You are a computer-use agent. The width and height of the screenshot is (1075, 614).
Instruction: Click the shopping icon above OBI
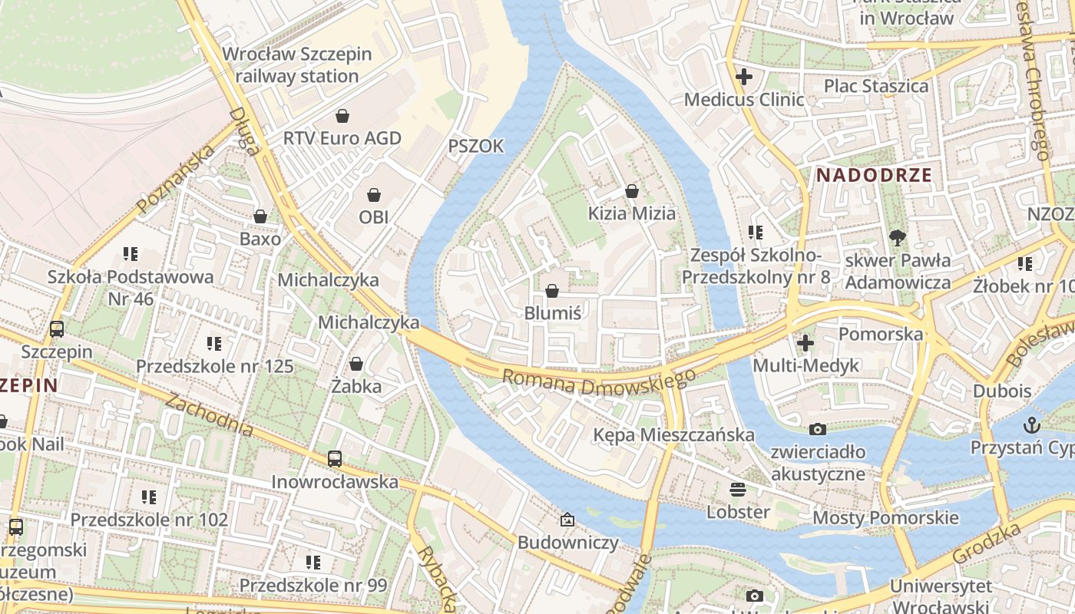(374, 195)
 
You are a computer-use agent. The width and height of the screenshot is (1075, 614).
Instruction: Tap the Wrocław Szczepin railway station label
(297, 65)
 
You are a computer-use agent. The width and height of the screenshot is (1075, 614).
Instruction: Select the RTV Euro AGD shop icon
(342, 116)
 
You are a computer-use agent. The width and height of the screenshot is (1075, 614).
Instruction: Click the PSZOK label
(476, 146)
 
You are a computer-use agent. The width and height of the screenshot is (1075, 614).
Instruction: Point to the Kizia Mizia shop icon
(632, 191)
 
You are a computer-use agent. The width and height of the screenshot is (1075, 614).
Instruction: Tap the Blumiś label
(552, 312)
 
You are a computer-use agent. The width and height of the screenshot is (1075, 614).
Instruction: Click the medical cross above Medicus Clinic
(743, 77)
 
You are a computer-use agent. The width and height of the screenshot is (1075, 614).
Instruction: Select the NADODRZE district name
(874, 175)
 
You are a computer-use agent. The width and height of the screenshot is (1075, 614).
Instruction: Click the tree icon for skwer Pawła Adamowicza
(896, 237)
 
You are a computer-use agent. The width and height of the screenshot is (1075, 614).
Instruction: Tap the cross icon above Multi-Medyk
(805, 343)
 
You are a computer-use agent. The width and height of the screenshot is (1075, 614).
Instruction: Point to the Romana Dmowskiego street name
(599, 381)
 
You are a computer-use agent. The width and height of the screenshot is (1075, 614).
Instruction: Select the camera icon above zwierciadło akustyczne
(818, 429)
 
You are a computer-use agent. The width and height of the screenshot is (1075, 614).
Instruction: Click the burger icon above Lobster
(738, 490)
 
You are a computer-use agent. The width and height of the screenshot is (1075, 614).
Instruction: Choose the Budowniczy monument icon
(567, 520)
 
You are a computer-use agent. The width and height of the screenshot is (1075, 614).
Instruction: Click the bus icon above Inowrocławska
(335, 459)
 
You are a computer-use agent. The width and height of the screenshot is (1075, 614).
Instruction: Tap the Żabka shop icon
(356, 364)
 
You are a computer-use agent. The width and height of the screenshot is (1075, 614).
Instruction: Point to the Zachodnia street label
(209, 415)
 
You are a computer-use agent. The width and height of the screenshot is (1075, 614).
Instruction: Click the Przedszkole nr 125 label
(215, 366)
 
